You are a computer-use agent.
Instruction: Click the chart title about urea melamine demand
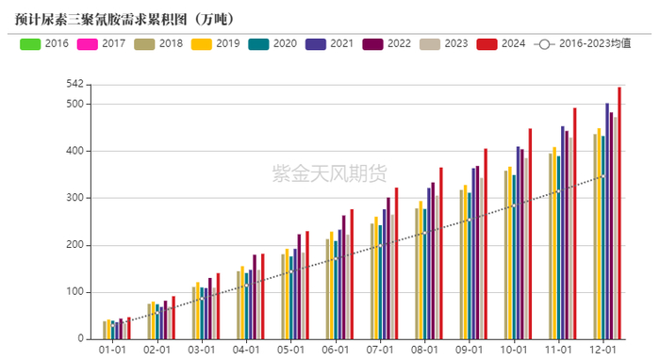124,19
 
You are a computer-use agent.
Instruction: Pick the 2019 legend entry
216,43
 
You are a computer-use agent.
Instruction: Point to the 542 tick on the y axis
74,85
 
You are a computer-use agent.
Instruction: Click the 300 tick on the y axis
74,198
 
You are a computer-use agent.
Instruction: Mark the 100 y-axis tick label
74,292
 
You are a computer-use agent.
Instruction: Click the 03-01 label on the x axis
206,350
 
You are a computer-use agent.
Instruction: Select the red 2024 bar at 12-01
619,213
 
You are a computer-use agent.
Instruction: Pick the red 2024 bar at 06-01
352,274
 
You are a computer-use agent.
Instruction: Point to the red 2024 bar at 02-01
173,318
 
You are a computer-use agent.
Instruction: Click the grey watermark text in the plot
329,173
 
